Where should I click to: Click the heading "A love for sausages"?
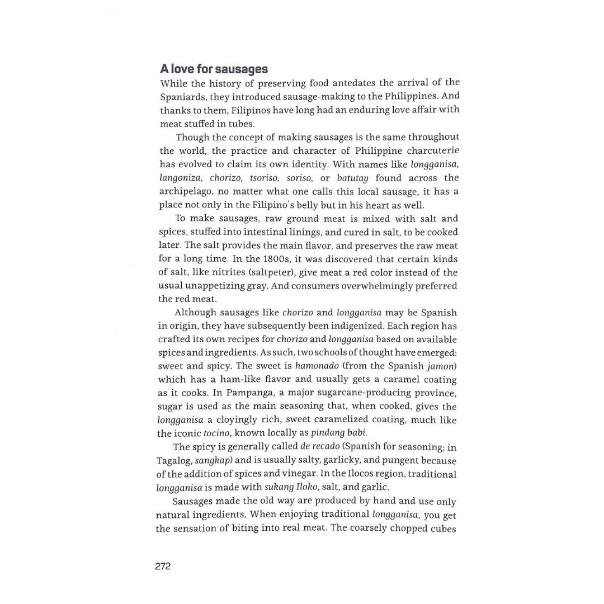pos(214,69)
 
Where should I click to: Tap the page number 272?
pos(163,566)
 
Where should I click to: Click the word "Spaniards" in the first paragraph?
pos(183,97)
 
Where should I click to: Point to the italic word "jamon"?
pos(442,366)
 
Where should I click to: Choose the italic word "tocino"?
pos(217,433)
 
